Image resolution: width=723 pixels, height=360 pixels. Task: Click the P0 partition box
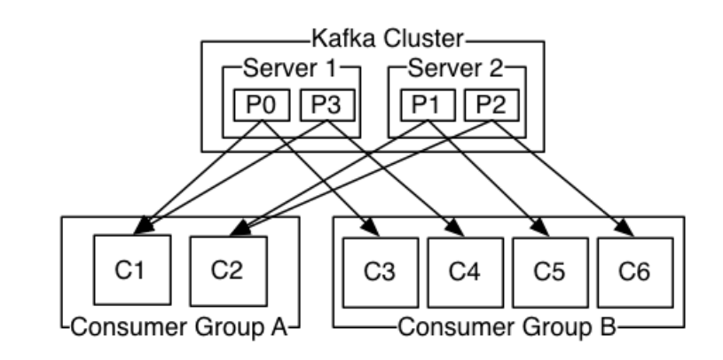coord(258,106)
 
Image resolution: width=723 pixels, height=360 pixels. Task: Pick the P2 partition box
coord(493,106)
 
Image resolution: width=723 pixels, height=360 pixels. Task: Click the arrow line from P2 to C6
coord(563,177)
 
